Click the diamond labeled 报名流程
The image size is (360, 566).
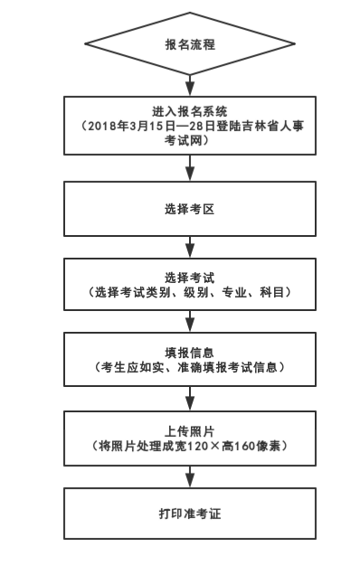[189, 43]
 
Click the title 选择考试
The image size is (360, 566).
[189, 277]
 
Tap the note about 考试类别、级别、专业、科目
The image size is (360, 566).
[189, 293]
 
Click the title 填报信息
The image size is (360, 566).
[189, 352]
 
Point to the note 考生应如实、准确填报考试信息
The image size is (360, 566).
[189, 368]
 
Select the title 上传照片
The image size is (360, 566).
[189, 430]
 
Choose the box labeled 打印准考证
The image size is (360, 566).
[189, 514]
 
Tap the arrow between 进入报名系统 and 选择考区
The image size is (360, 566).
[189, 167]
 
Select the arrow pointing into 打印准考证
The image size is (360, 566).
[189, 476]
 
